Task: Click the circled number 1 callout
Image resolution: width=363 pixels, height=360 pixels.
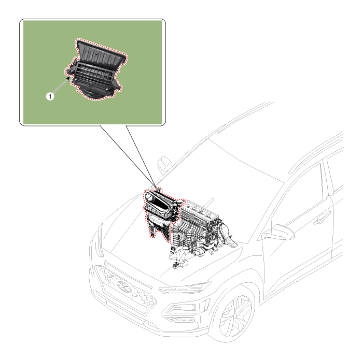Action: click(x=50, y=96)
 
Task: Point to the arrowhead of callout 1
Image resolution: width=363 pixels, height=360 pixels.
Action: click(x=68, y=78)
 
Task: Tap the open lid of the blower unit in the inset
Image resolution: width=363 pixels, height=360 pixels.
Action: click(x=102, y=54)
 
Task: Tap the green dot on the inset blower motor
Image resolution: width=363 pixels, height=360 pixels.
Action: click(x=89, y=94)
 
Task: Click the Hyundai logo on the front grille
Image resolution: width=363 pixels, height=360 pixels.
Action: click(x=124, y=287)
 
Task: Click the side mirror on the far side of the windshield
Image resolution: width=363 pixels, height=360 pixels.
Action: click(x=164, y=164)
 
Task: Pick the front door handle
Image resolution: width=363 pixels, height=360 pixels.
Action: click(x=322, y=218)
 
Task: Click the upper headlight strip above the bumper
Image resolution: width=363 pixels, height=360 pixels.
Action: click(x=185, y=287)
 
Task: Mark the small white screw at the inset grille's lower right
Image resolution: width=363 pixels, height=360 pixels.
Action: click(x=107, y=89)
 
